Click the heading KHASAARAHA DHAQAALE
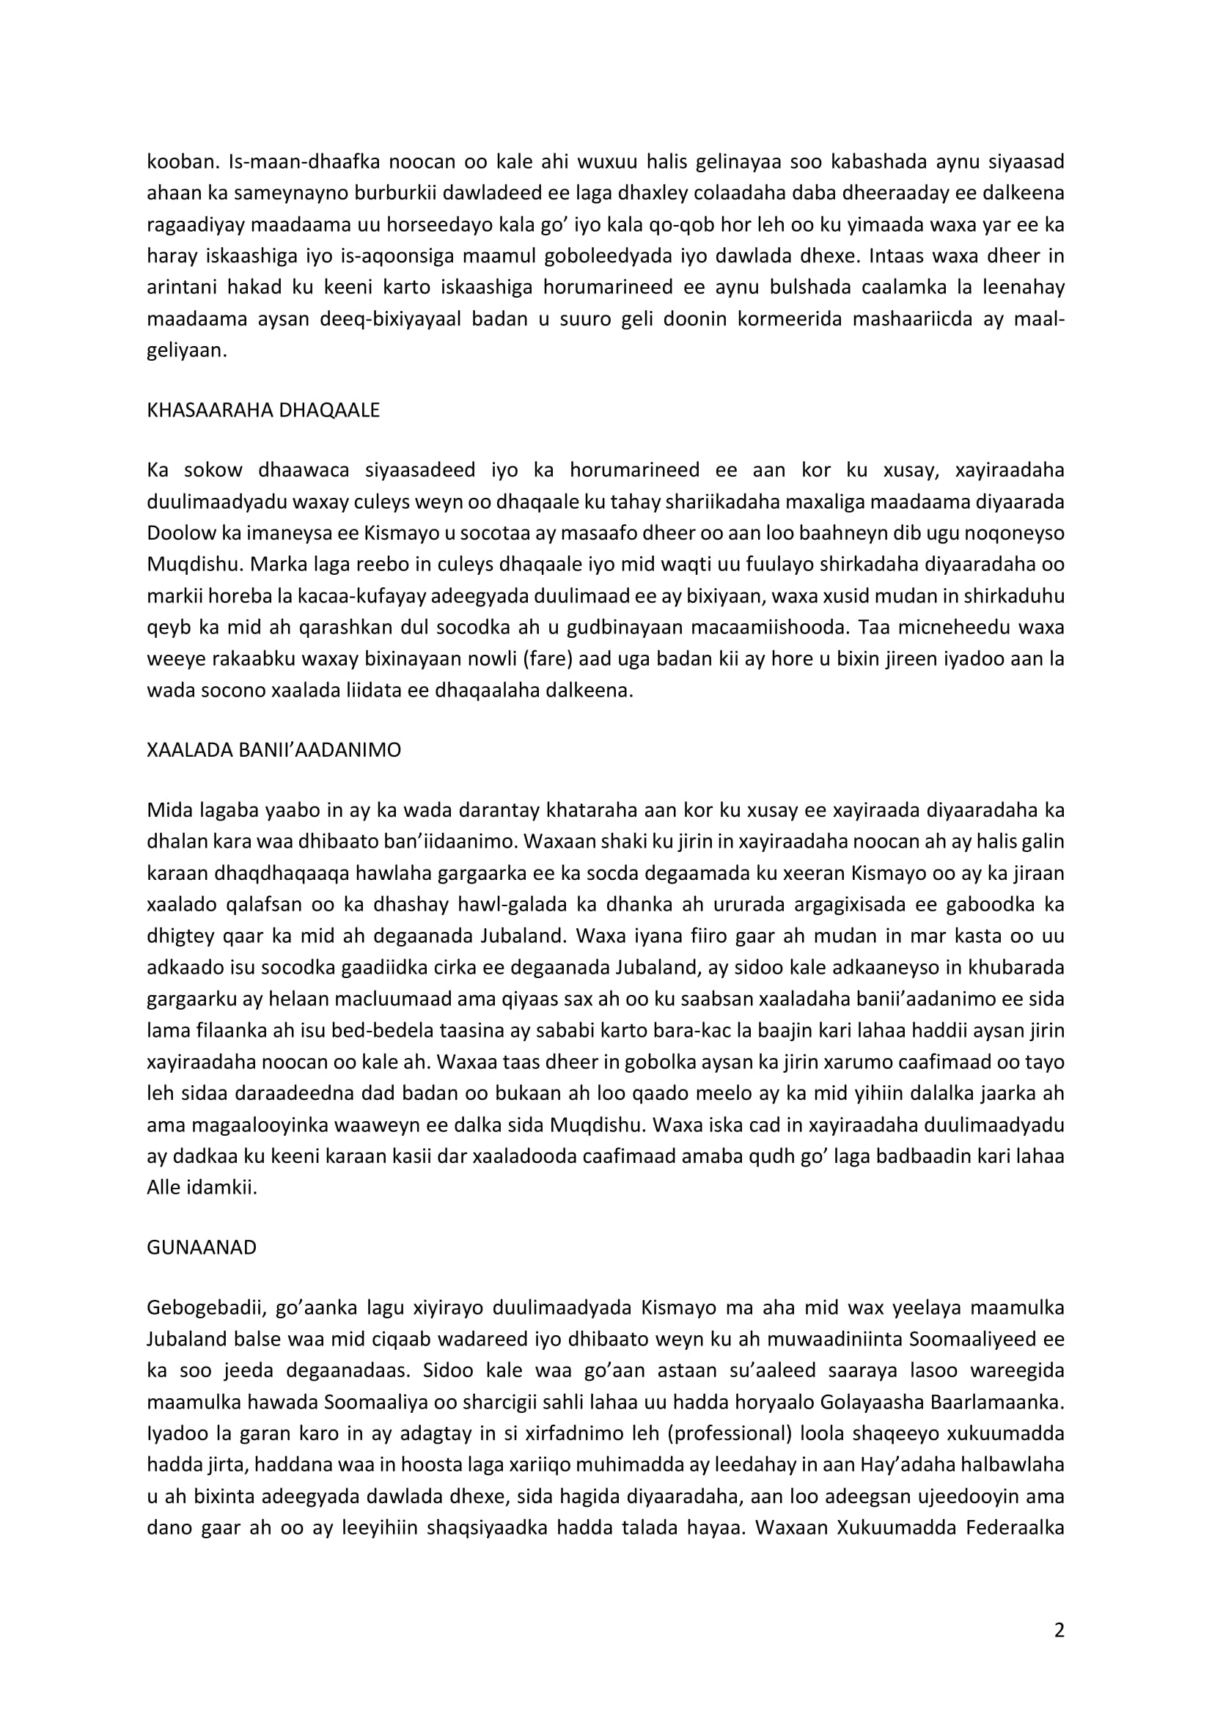pos(264,411)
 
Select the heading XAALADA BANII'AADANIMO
pos(274,751)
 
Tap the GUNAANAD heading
pos(202,1248)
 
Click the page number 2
pos(1059,1630)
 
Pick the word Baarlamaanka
pos(996,1403)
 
